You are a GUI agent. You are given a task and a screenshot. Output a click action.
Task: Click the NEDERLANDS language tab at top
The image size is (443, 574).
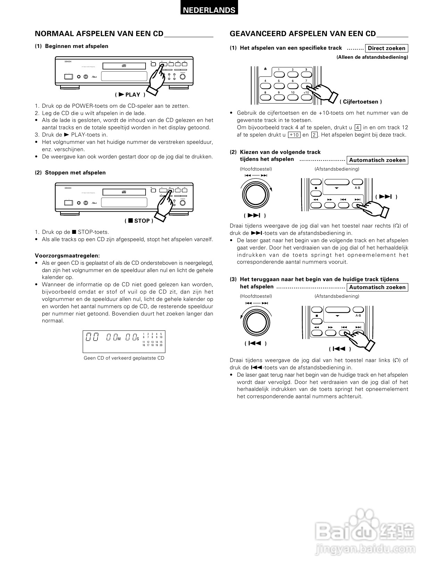point(209,10)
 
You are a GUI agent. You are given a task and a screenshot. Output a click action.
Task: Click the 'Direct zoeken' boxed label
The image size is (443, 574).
point(386,48)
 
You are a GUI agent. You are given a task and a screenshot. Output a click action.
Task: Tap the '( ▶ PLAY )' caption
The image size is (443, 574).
point(130,95)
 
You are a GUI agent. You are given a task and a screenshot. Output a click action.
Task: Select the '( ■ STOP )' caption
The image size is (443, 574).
point(139,221)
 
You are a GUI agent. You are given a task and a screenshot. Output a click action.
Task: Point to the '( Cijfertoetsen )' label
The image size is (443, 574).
point(361,101)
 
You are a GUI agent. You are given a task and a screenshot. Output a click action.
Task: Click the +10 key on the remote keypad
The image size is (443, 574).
point(306,98)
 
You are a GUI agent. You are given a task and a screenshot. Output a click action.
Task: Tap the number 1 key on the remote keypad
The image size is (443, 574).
point(279,74)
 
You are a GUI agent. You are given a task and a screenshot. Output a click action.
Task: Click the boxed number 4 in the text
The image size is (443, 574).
point(358,128)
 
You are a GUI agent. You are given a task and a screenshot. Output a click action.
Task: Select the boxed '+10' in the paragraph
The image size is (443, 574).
point(294,135)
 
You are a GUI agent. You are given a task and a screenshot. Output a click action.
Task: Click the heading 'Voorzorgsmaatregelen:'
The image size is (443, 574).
point(67,255)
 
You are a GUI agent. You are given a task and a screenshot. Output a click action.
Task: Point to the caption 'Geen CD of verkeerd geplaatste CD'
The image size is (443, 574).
point(124,358)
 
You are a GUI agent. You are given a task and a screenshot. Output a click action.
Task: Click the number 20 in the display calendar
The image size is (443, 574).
point(161,345)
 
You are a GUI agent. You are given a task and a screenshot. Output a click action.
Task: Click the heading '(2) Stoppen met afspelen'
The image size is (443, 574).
point(70,172)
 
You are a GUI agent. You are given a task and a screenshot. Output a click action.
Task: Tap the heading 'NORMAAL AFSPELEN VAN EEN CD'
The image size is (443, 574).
point(99,34)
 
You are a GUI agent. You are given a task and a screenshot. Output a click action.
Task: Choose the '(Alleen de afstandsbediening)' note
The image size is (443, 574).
point(372,57)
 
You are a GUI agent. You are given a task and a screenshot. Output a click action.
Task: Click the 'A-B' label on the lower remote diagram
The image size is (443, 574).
point(358,315)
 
